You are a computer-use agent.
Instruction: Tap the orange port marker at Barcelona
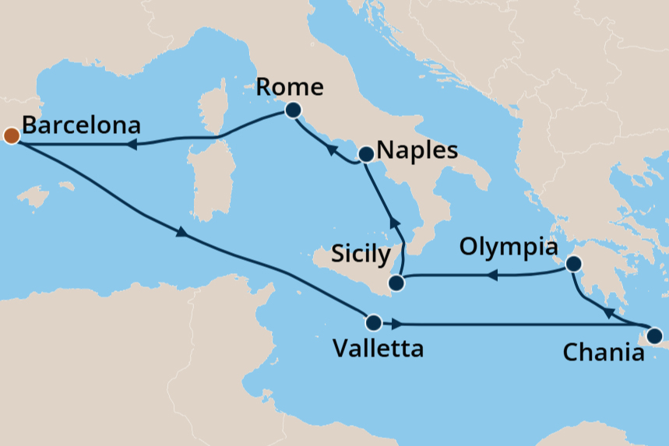coord(11,135)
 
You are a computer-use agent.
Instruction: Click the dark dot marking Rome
coord(294,111)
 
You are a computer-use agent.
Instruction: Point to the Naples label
coord(416,150)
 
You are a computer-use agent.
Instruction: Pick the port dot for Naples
coord(365,154)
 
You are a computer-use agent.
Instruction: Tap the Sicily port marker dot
coord(397,283)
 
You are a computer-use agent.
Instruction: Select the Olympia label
coord(509,248)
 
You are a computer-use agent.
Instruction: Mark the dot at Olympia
coord(573,264)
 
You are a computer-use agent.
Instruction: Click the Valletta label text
coord(378,348)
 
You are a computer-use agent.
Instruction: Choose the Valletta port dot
coord(373,321)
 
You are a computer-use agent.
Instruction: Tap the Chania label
coord(604,353)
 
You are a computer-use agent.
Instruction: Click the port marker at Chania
coord(654,337)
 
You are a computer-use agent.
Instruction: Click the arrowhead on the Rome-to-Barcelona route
coord(133,145)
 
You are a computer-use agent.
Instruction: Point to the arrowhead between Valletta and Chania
coord(398,323)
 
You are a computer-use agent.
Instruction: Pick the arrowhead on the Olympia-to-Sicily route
coord(492,276)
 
